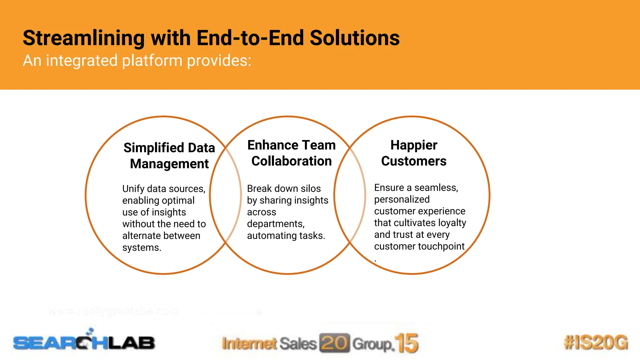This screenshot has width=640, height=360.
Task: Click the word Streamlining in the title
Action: pos(83,38)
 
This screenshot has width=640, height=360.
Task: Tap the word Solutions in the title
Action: pos(354,38)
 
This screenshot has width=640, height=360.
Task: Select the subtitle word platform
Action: pos(152,60)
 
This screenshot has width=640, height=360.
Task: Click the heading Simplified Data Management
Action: pos(169,156)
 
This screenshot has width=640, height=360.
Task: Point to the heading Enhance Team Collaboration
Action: pos(291,153)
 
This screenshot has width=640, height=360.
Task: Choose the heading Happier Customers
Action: pos(413,153)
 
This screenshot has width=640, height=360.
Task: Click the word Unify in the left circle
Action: pos(133,189)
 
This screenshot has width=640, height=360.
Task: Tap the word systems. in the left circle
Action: pos(142,247)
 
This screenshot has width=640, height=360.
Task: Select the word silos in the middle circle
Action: pos(311,188)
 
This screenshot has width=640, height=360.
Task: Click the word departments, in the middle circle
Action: pos(276,224)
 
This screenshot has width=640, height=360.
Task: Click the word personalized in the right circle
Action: pos(402,199)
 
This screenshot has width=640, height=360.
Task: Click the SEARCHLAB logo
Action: pos(84,342)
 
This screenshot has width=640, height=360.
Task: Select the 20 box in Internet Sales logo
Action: pos(334,343)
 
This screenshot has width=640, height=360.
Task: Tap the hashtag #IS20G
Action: pos(596,342)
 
